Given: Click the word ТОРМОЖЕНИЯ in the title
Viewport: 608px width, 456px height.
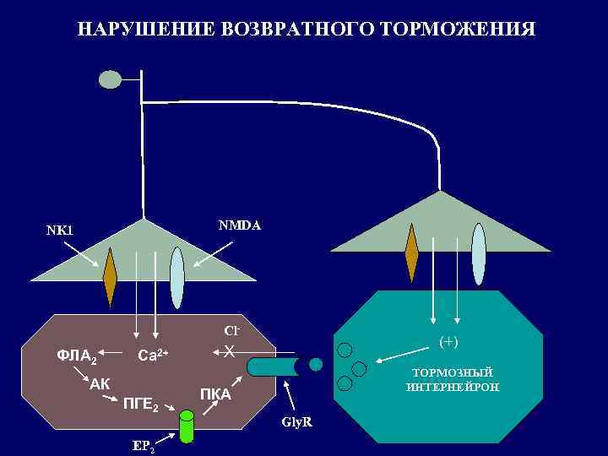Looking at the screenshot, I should [458, 30].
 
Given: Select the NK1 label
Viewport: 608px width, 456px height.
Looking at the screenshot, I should [60, 230].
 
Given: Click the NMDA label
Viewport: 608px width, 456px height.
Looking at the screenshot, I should [240, 225].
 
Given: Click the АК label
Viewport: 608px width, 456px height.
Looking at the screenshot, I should [100, 383].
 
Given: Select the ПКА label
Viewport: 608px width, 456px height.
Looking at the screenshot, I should [215, 394].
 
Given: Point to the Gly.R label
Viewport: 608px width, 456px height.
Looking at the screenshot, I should [297, 421].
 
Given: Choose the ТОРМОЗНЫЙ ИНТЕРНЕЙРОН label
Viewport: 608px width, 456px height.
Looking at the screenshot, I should [453, 379].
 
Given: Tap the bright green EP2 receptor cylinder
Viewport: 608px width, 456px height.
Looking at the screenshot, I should [186, 426].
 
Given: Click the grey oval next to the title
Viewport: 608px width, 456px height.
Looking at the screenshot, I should [111, 79].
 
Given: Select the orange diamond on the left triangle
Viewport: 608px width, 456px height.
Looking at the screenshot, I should [111, 276].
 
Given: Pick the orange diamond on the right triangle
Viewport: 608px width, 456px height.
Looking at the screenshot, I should [411, 252].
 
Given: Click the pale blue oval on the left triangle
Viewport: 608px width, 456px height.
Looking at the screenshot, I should [176, 278].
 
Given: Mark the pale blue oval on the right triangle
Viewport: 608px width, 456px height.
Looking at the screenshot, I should [479, 254].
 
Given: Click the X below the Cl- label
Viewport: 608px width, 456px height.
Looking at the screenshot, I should [229, 350].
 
